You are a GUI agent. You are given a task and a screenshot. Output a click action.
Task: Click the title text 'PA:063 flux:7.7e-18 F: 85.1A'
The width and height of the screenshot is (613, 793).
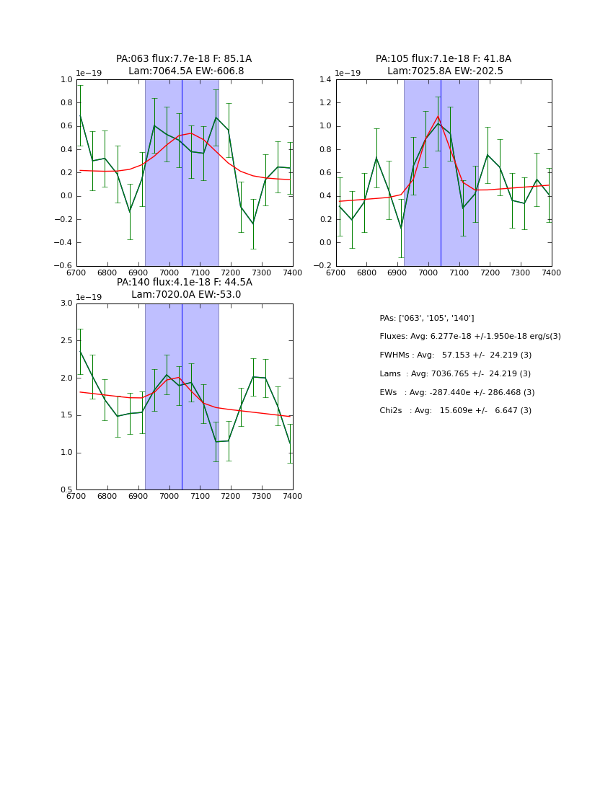coord(184,59)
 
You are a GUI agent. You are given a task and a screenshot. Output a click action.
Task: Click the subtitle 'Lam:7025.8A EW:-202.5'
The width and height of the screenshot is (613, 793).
coord(445,71)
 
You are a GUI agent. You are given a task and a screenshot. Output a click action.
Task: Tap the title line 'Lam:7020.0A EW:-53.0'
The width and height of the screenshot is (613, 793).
coord(186,295)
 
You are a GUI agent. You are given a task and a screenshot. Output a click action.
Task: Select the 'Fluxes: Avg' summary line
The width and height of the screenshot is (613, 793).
coord(469,337)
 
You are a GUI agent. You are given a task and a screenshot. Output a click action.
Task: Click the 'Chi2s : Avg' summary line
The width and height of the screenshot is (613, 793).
coord(455,411)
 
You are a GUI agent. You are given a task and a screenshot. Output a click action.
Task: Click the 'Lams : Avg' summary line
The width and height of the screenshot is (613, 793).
coord(454,374)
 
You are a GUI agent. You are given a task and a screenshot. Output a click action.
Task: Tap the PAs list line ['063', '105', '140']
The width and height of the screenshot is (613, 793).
coord(426,319)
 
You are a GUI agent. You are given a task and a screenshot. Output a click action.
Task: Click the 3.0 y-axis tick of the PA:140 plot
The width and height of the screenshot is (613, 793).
coord(66,304)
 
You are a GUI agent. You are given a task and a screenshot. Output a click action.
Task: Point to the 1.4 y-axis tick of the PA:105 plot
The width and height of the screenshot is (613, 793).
coord(326,80)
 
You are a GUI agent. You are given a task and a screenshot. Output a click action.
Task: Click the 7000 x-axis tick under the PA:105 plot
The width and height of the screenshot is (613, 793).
coord(428,273)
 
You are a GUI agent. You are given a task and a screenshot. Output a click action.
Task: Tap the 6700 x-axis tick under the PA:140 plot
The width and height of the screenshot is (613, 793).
coord(77,496)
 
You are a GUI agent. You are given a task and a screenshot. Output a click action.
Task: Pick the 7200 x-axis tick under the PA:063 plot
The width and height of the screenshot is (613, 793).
coord(231,273)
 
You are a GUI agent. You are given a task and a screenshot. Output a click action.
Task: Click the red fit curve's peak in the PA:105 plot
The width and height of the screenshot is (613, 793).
coord(438,116)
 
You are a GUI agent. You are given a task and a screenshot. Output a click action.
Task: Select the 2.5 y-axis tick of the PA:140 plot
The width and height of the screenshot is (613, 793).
coord(66,340)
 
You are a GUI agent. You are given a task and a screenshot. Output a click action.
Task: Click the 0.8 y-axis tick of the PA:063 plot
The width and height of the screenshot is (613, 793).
coord(66,103)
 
